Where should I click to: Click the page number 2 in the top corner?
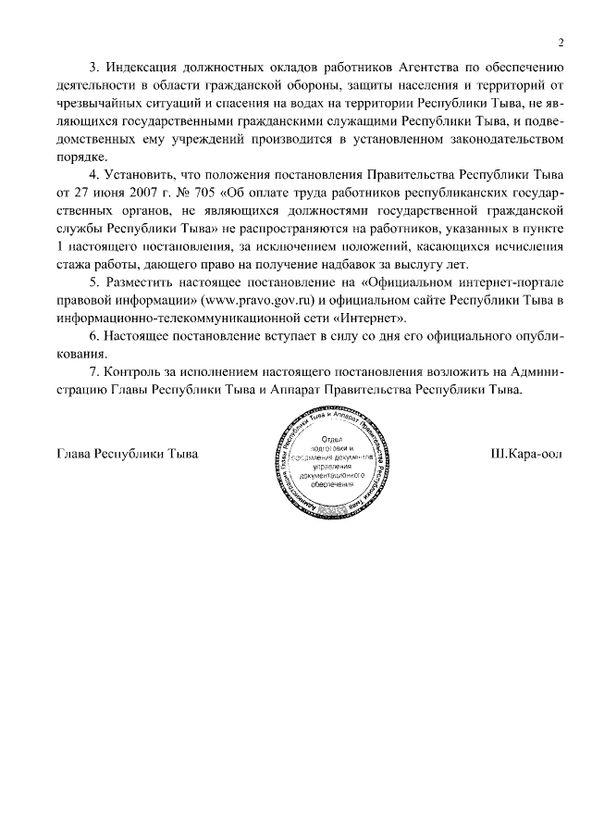coord(561,42)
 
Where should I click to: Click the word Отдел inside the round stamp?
coord(331,438)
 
